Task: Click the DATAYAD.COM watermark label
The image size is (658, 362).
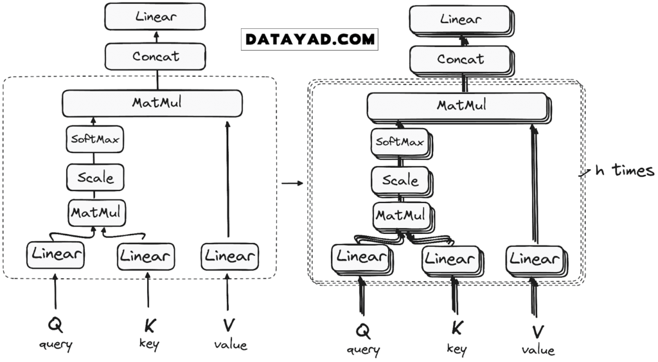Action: [x=310, y=39]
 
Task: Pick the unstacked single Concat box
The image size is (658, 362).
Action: [x=156, y=57]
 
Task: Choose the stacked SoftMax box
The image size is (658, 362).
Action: [x=400, y=142]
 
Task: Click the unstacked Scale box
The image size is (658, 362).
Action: [x=95, y=177]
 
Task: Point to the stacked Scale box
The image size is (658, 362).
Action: [x=400, y=181]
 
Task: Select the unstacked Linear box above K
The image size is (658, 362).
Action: [x=146, y=257]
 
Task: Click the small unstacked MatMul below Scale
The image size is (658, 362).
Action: [x=98, y=210]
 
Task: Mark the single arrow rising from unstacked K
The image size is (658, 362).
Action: [x=148, y=291]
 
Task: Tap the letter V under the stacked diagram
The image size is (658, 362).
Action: [x=538, y=332]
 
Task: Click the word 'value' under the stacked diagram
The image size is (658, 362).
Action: [x=538, y=350]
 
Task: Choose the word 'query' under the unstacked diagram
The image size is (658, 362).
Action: [x=55, y=345]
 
